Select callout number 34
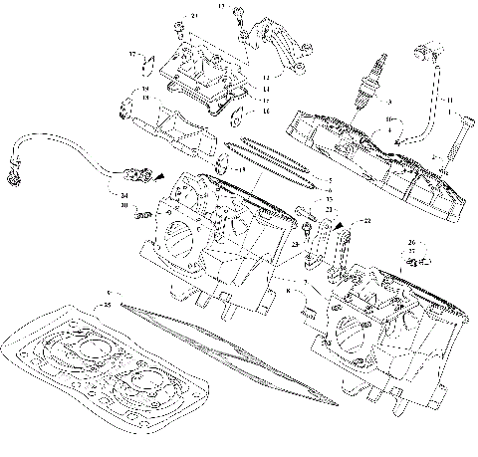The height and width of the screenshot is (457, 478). point(123,196)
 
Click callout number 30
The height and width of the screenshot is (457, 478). point(123,205)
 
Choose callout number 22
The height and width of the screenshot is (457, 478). point(366,219)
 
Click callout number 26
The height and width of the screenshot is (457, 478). point(410,243)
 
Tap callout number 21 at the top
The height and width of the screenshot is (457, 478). point(194,17)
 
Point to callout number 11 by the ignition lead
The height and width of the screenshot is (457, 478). point(449,101)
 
